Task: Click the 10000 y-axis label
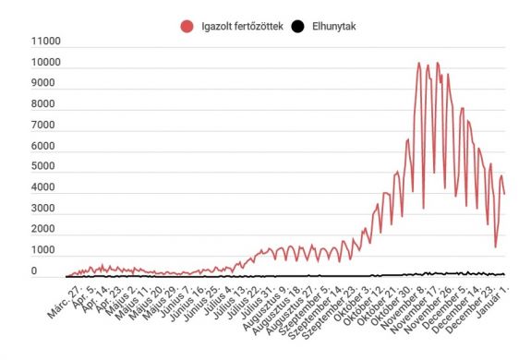[45, 64]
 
